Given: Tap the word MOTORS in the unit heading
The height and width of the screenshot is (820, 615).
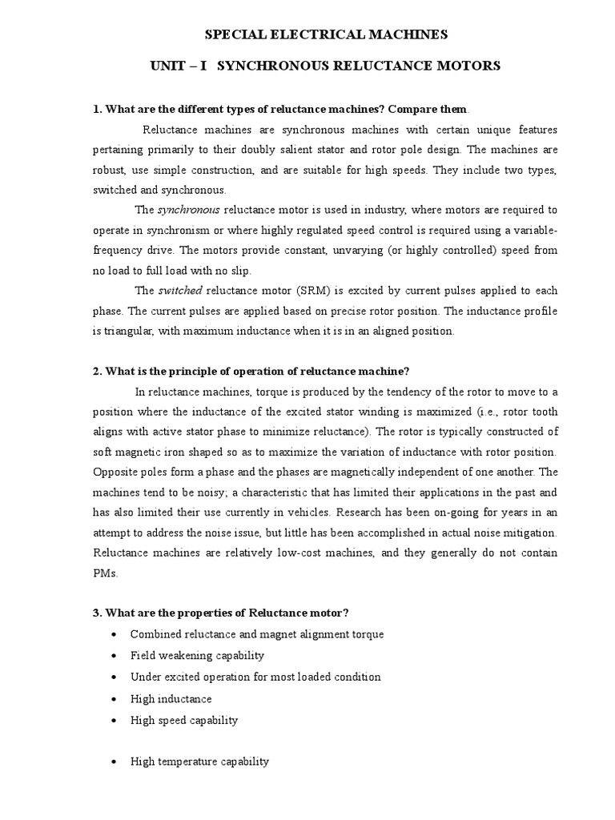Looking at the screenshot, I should [x=473, y=66].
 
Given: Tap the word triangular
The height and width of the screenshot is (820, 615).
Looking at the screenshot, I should [x=128, y=331].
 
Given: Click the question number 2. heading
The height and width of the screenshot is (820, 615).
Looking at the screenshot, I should [x=98, y=371].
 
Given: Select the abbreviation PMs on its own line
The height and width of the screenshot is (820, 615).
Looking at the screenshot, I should [x=106, y=573].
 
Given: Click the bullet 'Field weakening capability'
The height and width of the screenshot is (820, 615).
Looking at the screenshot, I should [x=197, y=655].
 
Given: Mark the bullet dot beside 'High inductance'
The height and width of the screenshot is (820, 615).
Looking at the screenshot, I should [x=115, y=699].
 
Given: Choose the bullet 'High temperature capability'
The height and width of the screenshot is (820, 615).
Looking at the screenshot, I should [x=199, y=762].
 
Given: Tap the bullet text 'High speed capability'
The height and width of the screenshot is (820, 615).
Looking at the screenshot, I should [x=184, y=720].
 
